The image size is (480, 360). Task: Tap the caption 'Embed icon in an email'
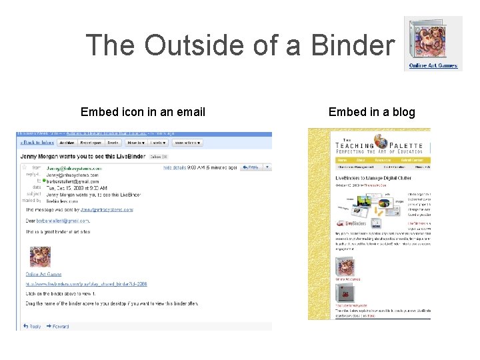pos(143,112)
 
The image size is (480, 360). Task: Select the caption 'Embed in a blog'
pos(371,112)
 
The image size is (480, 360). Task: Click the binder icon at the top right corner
pos(433,39)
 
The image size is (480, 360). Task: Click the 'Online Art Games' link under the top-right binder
pos(433,66)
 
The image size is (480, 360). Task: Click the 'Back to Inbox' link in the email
pos(37,142)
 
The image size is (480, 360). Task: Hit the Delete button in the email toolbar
pos(113,142)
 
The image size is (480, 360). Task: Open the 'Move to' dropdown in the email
pos(135,142)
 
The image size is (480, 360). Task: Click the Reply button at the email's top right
pos(251,167)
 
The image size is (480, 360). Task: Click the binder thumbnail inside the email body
pos(39,257)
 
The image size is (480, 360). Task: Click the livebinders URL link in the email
pos(87,284)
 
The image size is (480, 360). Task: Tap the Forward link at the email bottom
pos(61,326)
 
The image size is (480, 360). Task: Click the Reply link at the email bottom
pos(33,326)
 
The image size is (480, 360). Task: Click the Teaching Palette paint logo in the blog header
pos(381,141)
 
